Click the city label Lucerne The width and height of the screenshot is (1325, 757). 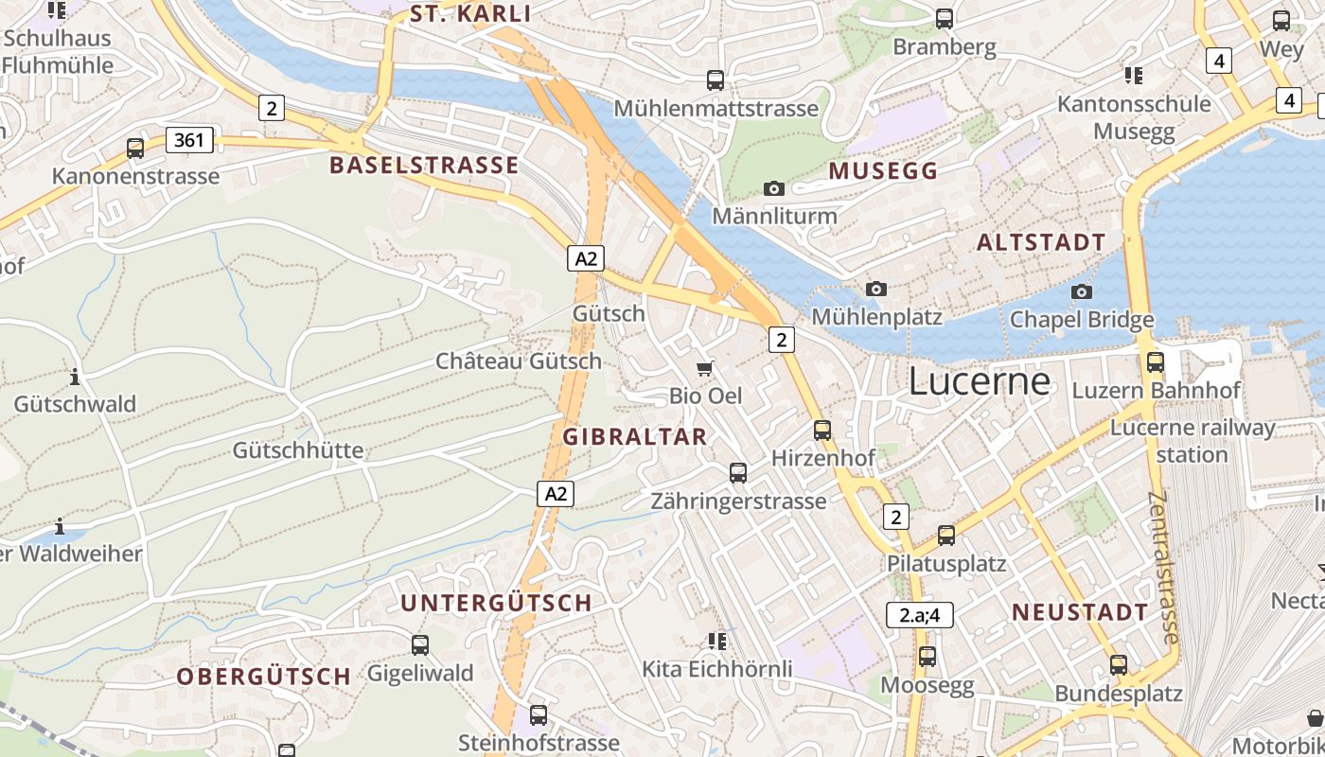tap(980, 381)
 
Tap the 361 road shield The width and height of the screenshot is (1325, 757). tap(189, 141)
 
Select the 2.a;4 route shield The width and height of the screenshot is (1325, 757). tap(919, 615)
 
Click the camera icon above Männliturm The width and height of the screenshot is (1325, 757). tap(774, 188)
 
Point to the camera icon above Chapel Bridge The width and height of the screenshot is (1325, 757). tap(1082, 291)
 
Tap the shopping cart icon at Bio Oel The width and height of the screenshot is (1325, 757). tap(705, 368)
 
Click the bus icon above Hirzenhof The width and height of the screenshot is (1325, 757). tap(822, 430)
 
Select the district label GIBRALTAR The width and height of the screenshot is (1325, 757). tap(635, 436)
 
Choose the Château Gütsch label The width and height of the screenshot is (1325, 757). tap(518, 361)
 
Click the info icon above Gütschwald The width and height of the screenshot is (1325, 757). tap(75, 378)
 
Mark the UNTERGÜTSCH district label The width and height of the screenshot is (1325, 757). tap(496, 603)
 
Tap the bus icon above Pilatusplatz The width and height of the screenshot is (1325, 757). tap(945, 536)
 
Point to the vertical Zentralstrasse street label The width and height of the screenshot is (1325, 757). tap(1164, 568)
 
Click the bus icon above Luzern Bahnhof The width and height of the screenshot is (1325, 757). tap(1155, 361)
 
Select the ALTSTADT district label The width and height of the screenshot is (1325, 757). tap(1041, 242)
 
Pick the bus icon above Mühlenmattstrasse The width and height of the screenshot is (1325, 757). tap(715, 80)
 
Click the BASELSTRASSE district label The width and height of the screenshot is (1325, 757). tap(424, 166)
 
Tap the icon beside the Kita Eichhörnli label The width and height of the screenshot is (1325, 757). tap(717, 642)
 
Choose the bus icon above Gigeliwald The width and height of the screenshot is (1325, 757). tap(420, 645)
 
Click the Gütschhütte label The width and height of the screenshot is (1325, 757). tap(298, 449)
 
